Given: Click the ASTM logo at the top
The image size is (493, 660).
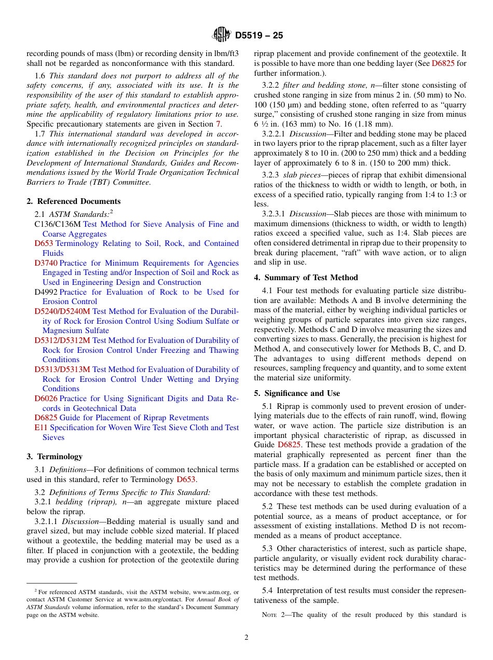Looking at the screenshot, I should click(x=222, y=35).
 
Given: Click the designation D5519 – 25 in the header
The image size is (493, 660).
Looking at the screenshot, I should click(x=259, y=36).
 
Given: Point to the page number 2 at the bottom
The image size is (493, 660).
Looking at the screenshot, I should click(x=246, y=638).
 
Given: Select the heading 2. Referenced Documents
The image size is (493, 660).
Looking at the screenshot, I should click(x=74, y=201).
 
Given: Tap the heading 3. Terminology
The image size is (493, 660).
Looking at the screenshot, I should click(x=54, y=457).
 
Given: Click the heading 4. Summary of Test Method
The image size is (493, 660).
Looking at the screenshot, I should click(x=306, y=278).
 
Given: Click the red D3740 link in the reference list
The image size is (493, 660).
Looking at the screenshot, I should click(x=46, y=263).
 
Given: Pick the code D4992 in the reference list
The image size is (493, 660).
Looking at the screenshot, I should click(x=46, y=292).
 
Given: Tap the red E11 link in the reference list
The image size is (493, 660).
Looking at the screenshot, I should click(x=41, y=428).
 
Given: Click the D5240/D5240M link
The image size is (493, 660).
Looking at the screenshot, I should click(x=62, y=311).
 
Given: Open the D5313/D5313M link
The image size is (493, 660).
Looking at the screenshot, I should click(x=62, y=369).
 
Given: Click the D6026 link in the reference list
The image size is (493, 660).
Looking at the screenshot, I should click(x=46, y=398).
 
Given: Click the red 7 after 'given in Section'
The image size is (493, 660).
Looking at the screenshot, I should click(x=218, y=124).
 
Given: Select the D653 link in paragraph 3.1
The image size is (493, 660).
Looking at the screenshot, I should click(x=186, y=479).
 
